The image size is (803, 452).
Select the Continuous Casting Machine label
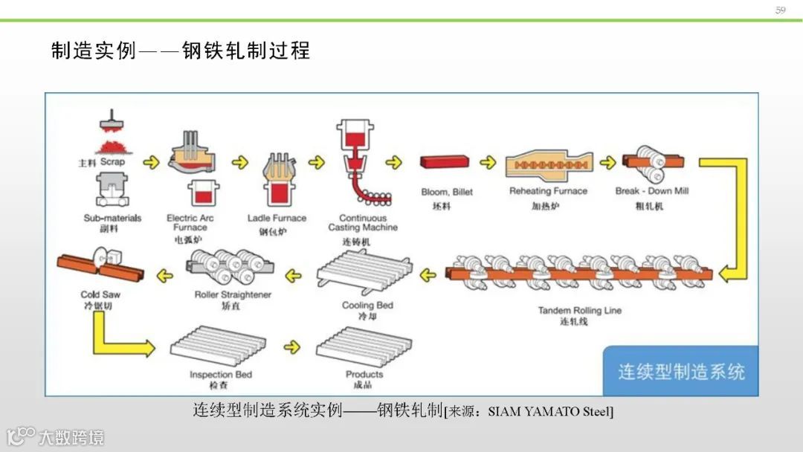tap(364, 222)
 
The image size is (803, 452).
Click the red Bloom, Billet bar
tap(445, 163)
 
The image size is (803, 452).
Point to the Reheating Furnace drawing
tap(548, 164)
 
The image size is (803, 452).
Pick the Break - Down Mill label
tap(651, 191)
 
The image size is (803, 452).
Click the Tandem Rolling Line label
tap(579, 310)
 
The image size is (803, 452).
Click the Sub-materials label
tap(112, 218)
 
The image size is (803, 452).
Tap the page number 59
tap(780, 10)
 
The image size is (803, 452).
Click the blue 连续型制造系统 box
tap(680, 371)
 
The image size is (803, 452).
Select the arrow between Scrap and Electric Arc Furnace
tap(151, 162)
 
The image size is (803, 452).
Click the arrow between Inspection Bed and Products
tap(293, 346)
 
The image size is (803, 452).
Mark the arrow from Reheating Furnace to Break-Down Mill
tap(608, 162)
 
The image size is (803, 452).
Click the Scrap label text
tap(112, 161)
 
